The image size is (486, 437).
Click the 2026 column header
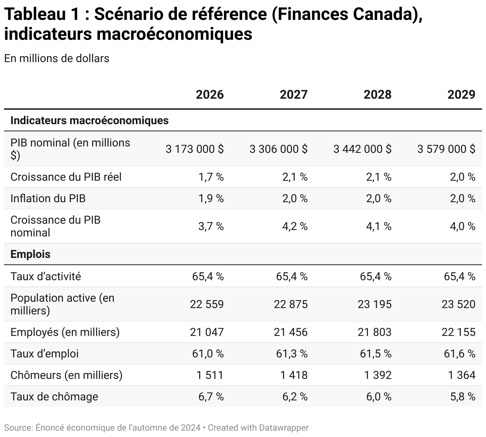pyautogui.click(x=210, y=95)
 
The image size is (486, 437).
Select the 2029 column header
pyautogui.click(x=461, y=95)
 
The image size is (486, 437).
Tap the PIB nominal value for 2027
pyautogui.click(x=278, y=149)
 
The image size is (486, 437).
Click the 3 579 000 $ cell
pyautogui.click(x=446, y=149)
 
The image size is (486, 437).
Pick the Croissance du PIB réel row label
pyautogui.click(x=66, y=177)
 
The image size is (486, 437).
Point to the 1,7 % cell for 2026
pyautogui.click(x=211, y=177)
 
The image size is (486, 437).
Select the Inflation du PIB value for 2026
pyautogui.click(x=211, y=198)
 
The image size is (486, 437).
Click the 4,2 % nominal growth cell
pyautogui.click(x=295, y=226)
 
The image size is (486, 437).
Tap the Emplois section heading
pyautogui.click(x=30, y=254)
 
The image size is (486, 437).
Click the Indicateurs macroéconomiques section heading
pyautogui.click(x=89, y=120)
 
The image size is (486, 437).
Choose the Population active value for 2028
pyautogui.click(x=374, y=304)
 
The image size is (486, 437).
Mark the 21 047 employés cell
pyautogui.click(x=207, y=332)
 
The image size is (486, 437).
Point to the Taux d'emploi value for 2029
pyautogui.click(x=459, y=353)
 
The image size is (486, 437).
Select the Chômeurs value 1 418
pyautogui.click(x=294, y=375)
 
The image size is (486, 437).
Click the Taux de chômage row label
pyautogui.click(x=54, y=396)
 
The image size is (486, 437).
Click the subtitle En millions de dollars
pyautogui.click(x=57, y=58)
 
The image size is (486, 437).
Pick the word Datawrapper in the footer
pyautogui.click(x=284, y=428)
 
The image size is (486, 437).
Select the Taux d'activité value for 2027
pyautogui.click(x=292, y=276)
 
